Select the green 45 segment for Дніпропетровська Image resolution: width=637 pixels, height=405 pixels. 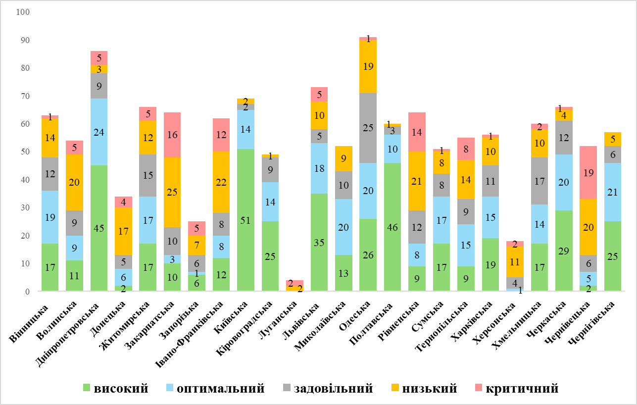click(x=99, y=228)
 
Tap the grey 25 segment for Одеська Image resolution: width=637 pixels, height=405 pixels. click(x=368, y=128)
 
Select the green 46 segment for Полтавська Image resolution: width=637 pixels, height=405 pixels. click(x=392, y=227)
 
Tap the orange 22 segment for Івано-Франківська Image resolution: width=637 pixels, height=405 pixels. click(x=221, y=182)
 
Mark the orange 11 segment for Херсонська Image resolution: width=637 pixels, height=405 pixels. click(x=515, y=261)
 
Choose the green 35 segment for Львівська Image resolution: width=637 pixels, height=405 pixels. click(x=319, y=242)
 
